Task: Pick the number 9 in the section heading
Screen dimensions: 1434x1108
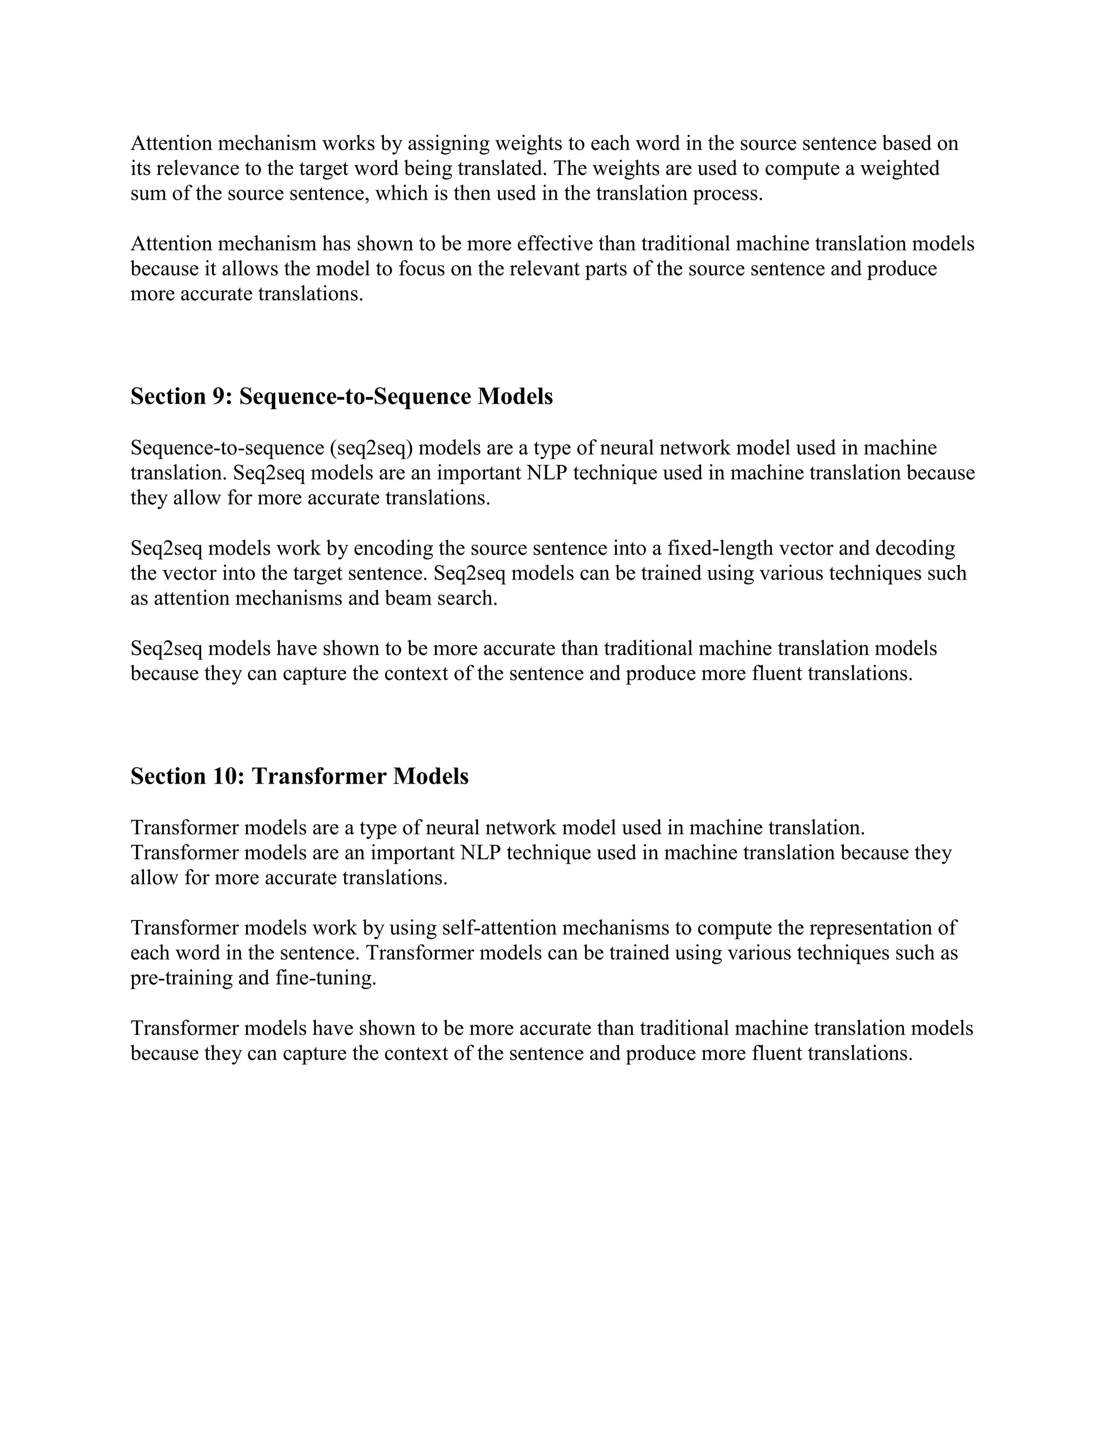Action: (x=219, y=397)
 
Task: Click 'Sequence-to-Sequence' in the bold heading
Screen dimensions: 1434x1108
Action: (x=354, y=397)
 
